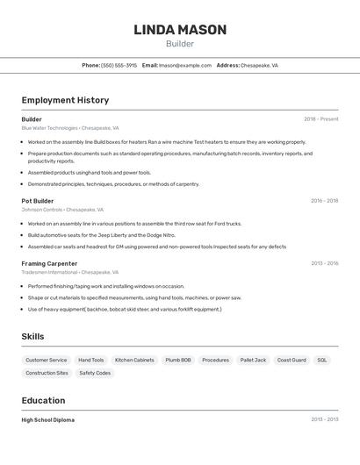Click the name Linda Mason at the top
point(180,30)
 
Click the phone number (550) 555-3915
point(119,65)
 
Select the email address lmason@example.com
point(185,65)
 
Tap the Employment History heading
point(65,100)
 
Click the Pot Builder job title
point(38,201)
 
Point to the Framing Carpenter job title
point(49,263)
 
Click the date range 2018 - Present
point(320,119)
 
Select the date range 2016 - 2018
point(324,201)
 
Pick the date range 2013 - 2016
point(324,263)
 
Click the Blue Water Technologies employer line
point(70,128)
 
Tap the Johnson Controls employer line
point(62,210)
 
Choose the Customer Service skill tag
point(47,360)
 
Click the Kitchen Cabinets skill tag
point(134,360)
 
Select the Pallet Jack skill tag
point(253,360)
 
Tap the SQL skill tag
point(322,360)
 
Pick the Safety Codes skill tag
point(95,373)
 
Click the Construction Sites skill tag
point(47,373)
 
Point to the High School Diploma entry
point(48,419)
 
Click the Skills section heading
point(32,337)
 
